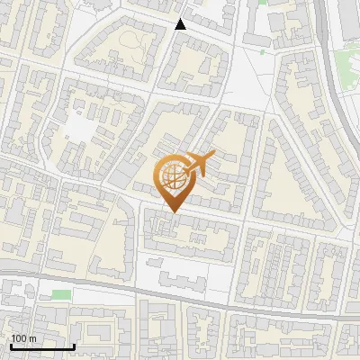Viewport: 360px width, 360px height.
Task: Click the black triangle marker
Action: [x=181, y=24]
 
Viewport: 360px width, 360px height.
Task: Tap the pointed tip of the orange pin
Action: [x=170, y=211]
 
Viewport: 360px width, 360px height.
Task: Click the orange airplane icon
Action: [x=199, y=164]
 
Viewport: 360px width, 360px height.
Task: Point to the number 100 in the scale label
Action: [x=18, y=338]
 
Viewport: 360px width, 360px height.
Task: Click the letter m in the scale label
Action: [x=31, y=338]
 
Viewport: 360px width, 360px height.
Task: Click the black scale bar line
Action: [x=41, y=346]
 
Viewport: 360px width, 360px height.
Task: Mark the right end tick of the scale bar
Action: [x=74, y=345]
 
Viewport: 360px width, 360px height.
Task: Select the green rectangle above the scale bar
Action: [x=61, y=294]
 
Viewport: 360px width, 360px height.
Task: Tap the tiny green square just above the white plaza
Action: [x=262, y=52]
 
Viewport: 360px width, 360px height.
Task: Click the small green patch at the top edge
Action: [x=262, y=3]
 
